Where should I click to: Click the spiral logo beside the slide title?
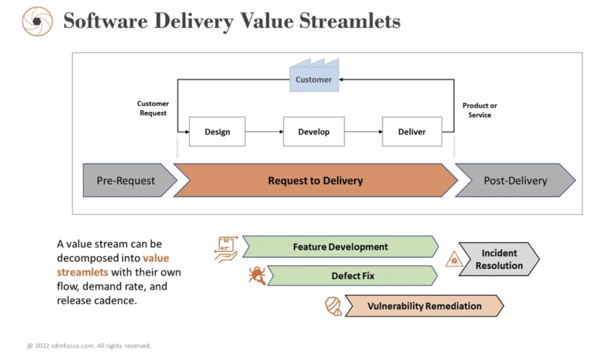point(37,22)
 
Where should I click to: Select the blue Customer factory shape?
point(314,76)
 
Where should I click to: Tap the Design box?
point(217,132)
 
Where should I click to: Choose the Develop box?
point(314,132)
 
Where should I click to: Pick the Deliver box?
point(412,132)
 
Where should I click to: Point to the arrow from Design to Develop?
point(264,132)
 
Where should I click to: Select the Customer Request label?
point(153,108)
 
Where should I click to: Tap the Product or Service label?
point(479,110)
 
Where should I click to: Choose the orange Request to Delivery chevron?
point(315,181)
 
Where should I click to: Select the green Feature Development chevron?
point(340,247)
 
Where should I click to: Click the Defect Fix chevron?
point(353,276)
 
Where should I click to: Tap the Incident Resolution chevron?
point(499,260)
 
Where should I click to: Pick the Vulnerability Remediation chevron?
point(424,306)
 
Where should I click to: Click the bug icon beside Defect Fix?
point(257,276)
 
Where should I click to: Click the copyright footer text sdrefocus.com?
point(90,346)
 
